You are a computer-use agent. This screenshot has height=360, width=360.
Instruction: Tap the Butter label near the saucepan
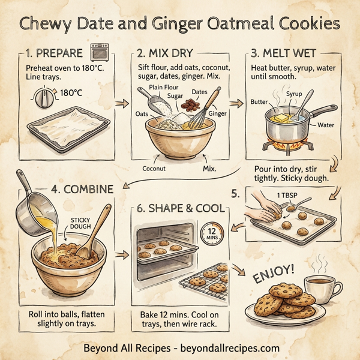pos(258,103)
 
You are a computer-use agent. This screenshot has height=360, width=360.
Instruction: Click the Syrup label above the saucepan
pos(295,95)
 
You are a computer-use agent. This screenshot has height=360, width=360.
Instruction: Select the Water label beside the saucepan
pos(326,125)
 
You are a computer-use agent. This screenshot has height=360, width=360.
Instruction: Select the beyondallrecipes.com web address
pos(231,347)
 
